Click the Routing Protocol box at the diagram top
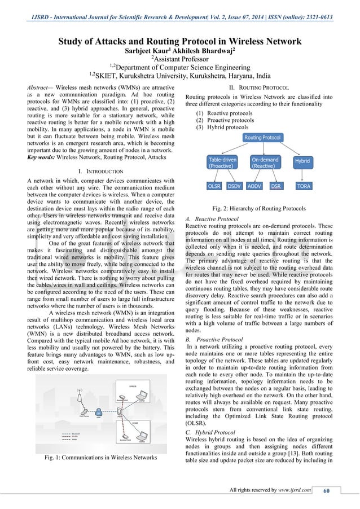click(x=262, y=138)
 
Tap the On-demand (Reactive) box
click(x=266, y=164)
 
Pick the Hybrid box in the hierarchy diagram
click(x=302, y=161)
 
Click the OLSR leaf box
click(x=214, y=186)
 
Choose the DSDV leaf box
click(x=235, y=186)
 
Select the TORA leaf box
click(x=303, y=186)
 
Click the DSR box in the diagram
click(x=276, y=186)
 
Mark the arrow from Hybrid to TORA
click(x=303, y=174)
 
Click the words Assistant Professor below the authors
click(x=180, y=62)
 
